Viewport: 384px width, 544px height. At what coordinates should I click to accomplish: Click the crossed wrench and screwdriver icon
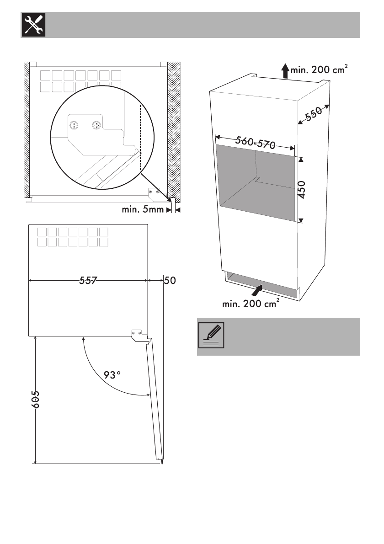[x=32, y=25]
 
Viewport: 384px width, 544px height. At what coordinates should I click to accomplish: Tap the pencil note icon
[x=211, y=336]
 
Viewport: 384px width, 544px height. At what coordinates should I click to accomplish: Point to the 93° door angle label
[x=112, y=375]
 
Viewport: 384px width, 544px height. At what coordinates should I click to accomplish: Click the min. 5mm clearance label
[x=142, y=210]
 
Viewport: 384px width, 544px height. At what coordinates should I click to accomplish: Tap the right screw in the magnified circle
[x=96, y=125]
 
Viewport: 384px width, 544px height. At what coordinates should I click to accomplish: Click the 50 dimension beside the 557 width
[x=169, y=281]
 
